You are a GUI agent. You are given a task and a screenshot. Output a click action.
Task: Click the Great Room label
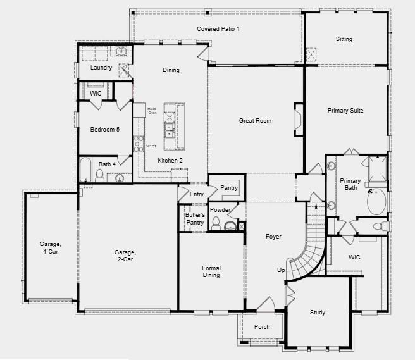(x=255, y=120)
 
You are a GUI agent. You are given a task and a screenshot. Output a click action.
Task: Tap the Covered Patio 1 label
(x=218, y=29)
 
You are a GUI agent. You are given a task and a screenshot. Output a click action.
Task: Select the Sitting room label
(x=344, y=39)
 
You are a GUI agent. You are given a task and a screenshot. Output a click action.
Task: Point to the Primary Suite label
(x=345, y=111)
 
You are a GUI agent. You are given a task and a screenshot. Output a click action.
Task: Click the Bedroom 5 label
(x=104, y=129)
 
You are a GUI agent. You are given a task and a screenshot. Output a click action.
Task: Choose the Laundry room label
(x=101, y=68)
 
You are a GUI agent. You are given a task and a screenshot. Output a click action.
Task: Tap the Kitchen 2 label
(x=170, y=161)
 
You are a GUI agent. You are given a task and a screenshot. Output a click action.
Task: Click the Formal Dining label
(x=211, y=271)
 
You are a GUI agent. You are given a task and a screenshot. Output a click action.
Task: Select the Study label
(x=318, y=313)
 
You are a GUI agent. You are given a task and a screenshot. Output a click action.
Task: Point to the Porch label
(x=262, y=327)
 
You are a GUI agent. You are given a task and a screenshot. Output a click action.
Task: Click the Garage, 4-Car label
(x=50, y=247)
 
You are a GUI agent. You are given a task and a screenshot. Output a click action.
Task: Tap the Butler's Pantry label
(x=194, y=219)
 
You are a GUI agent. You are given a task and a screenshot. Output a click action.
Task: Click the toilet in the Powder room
(x=216, y=223)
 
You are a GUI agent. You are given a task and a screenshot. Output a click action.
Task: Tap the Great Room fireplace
(x=297, y=118)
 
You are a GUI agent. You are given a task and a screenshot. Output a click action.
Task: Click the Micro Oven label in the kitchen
(x=152, y=111)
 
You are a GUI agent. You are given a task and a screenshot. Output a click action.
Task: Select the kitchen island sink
(x=170, y=130)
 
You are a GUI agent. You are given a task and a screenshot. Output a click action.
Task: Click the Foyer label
(x=273, y=237)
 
